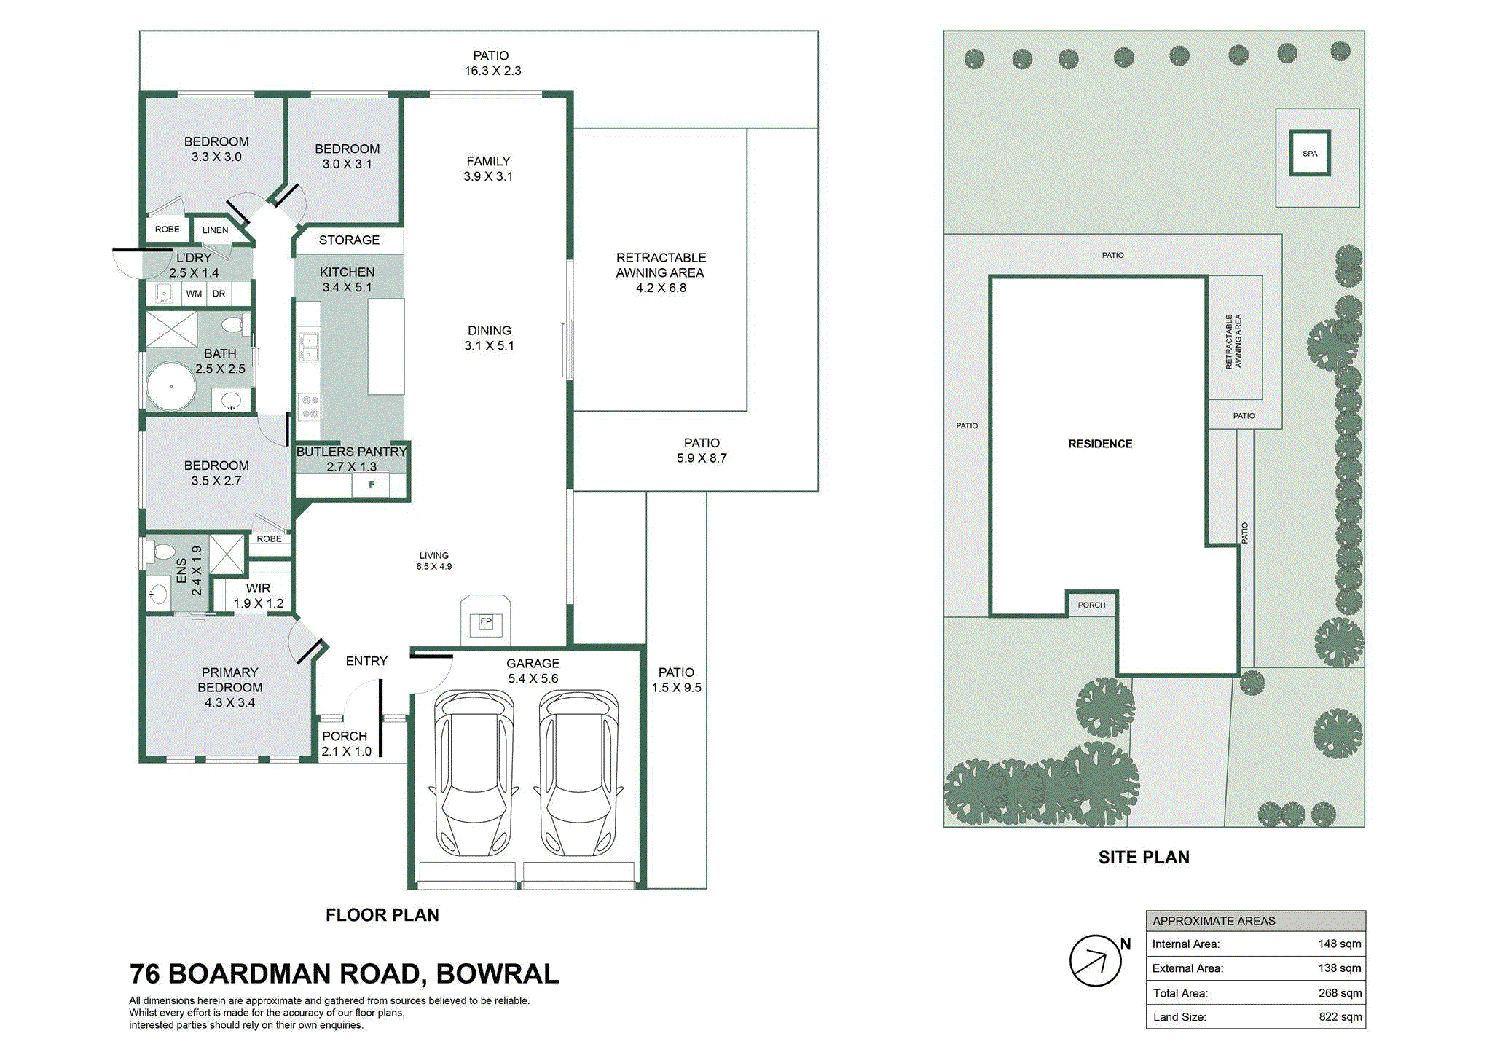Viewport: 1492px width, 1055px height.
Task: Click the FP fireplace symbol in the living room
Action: pyautogui.click(x=486, y=621)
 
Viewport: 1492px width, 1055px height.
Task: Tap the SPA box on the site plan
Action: pyautogui.click(x=1310, y=153)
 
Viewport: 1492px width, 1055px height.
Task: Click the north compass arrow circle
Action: pyautogui.click(x=1095, y=960)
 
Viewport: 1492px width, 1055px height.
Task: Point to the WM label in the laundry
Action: pyautogui.click(x=194, y=294)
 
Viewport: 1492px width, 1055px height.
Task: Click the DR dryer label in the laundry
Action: pyautogui.click(x=219, y=294)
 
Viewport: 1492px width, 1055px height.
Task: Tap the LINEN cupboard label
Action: pyautogui.click(x=215, y=230)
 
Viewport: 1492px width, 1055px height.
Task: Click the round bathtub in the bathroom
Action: pyautogui.click(x=171, y=386)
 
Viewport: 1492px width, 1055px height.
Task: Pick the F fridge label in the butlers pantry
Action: pyautogui.click(x=372, y=485)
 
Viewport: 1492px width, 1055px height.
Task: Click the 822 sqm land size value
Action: pyautogui.click(x=1340, y=1017)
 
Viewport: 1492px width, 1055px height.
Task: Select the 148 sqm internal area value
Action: pyautogui.click(x=1340, y=944)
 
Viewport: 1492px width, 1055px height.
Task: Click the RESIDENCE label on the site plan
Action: pyautogui.click(x=1100, y=444)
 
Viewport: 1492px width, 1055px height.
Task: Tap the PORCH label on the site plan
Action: pyautogui.click(x=1091, y=605)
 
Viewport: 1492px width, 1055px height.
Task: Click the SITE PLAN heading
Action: pyautogui.click(x=1144, y=858)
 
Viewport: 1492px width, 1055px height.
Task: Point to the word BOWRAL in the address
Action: pyautogui.click(x=498, y=973)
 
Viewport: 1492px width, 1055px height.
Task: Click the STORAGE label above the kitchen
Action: pyautogui.click(x=349, y=240)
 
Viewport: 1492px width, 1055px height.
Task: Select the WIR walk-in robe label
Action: pyautogui.click(x=258, y=588)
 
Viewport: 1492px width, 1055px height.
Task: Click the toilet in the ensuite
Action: pyautogui.click(x=162, y=552)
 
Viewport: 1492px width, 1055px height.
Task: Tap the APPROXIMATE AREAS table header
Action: pyautogui.click(x=1214, y=921)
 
